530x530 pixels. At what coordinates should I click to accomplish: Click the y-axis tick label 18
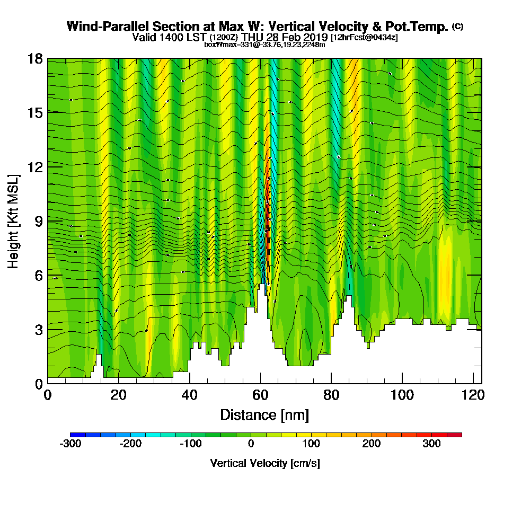tap(35, 58)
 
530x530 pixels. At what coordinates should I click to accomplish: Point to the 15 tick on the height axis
tap(35, 112)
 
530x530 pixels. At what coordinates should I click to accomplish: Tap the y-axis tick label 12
tap(35, 167)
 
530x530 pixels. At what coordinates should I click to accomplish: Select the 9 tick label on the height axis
tap(38, 221)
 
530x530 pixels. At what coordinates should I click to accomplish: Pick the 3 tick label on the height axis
tap(38, 330)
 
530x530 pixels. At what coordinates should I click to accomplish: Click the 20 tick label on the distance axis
tap(119, 395)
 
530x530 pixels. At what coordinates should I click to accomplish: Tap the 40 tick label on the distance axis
tap(190, 395)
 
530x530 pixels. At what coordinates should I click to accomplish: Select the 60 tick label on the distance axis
tap(260, 395)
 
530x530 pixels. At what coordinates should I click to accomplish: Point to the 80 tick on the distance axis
tap(331, 395)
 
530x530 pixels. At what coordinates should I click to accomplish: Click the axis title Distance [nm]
tap(264, 414)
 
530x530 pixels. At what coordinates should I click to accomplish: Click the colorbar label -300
tap(70, 444)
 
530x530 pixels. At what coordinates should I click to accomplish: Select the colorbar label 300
tap(431, 444)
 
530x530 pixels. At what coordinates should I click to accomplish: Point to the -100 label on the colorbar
tap(191, 444)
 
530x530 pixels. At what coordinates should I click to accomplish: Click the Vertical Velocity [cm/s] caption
tap(265, 463)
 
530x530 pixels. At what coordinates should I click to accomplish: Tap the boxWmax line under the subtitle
tap(264, 45)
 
